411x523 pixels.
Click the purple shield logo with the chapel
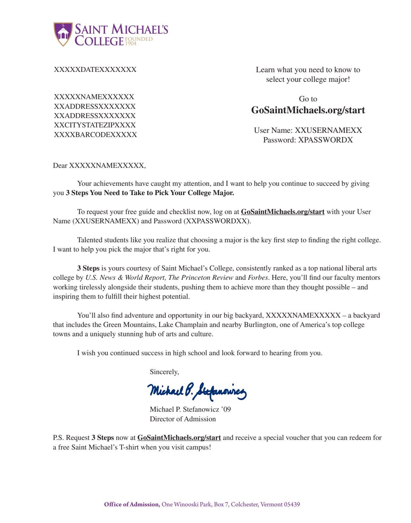(63, 34)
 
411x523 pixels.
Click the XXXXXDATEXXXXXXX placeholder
(95, 70)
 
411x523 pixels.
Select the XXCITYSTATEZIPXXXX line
(95, 125)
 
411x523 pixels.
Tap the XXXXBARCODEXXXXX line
(95, 135)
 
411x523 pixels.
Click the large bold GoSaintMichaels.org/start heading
(308, 110)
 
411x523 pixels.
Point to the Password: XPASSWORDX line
(308, 140)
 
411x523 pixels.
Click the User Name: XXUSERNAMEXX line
(308, 130)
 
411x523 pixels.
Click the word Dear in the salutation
(60, 166)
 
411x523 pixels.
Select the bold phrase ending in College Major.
(150, 193)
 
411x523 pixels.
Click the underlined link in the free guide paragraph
(283, 212)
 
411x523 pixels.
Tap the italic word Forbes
(258, 278)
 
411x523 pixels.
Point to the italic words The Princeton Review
(201, 278)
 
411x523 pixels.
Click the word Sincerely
(164, 372)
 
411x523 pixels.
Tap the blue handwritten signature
(197, 391)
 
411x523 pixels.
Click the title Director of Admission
(183, 419)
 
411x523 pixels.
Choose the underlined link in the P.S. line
(179, 438)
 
